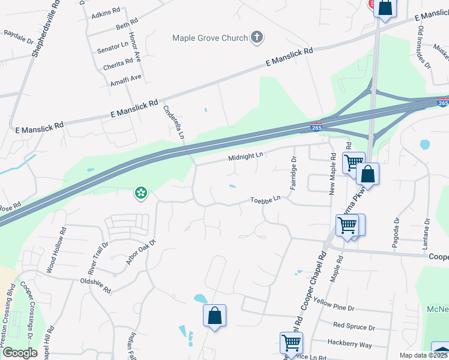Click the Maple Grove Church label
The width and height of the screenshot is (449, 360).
click(x=209, y=38)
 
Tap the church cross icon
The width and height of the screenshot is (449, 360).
click(x=257, y=38)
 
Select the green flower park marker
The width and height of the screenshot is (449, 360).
click(x=142, y=193)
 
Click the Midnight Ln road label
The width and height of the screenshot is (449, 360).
click(x=246, y=157)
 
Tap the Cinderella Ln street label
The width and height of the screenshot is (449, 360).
click(x=173, y=122)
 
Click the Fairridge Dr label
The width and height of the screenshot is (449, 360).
click(x=294, y=173)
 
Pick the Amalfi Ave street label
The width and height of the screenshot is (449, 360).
click(x=125, y=77)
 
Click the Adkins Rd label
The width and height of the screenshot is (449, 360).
click(x=106, y=13)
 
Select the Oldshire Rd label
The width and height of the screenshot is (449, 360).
click(x=95, y=285)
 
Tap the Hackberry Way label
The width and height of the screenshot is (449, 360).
click(x=349, y=344)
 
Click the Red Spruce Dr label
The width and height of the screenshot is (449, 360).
click(x=354, y=328)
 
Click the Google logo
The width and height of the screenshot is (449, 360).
click(x=20, y=353)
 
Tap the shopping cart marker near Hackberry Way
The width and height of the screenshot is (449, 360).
click(x=292, y=343)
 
